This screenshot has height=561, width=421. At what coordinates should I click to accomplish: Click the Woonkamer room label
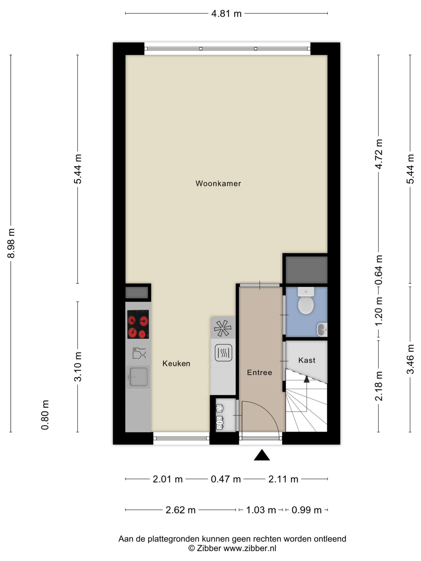click(218, 183)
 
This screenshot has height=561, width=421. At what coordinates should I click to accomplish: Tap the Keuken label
click(176, 363)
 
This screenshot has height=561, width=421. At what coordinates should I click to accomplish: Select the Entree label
click(259, 372)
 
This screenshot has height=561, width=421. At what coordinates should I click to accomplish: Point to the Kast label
click(307, 360)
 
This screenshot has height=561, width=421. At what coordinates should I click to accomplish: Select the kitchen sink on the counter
click(138, 377)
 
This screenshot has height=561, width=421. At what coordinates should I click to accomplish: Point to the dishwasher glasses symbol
click(139, 353)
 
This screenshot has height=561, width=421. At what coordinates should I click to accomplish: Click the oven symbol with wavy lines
click(223, 353)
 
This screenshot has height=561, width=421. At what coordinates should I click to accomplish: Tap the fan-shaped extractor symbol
click(223, 328)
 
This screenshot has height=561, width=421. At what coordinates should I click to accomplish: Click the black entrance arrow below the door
click(262, 455)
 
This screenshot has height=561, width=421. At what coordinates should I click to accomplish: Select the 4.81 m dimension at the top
click(226, 13)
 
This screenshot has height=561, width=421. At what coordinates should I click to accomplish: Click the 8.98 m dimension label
click(11, 243)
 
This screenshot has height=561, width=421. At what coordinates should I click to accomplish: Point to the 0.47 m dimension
click(226, 479)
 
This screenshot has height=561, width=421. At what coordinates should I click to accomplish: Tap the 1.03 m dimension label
click(261, 510)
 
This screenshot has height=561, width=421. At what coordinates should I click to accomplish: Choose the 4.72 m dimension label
click(379, 154)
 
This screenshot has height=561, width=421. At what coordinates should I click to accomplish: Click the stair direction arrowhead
click(307, 379)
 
